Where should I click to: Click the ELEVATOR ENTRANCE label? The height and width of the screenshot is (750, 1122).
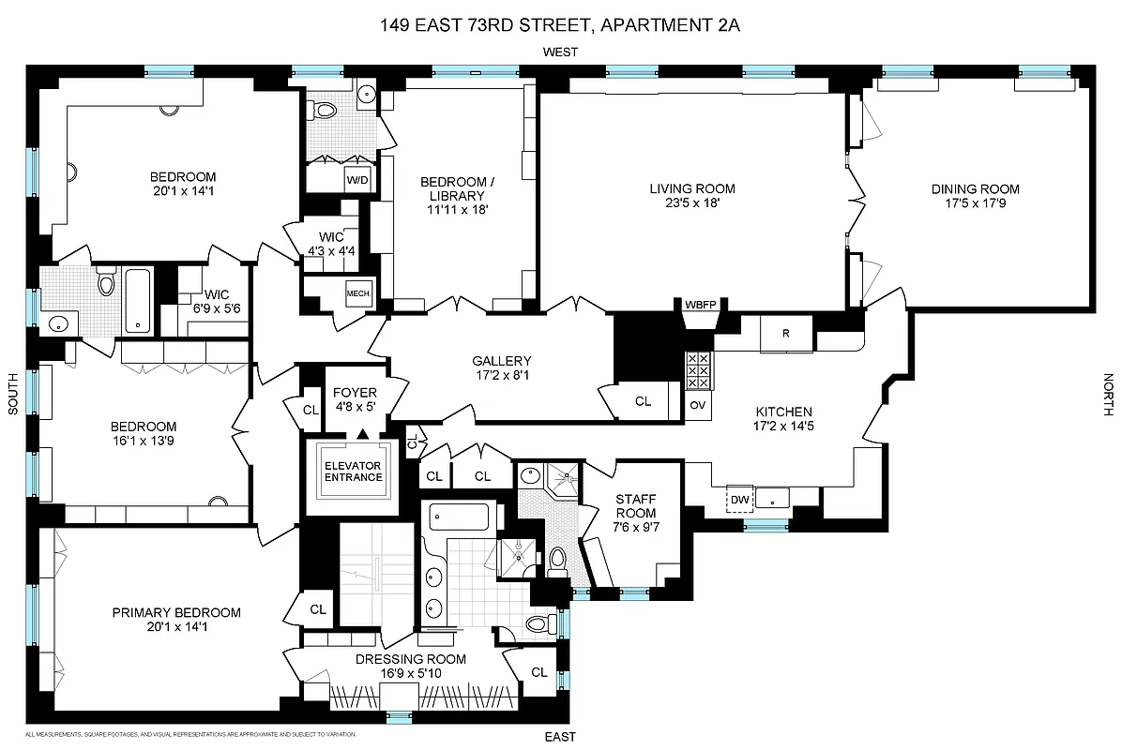tap(354, 472)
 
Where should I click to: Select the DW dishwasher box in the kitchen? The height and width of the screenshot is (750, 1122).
tap(741, 500)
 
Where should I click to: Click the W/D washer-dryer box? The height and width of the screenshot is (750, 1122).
tap(357, 179)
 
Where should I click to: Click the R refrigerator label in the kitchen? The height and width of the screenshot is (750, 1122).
tap(785, 334)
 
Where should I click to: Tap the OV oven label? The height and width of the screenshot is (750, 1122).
tap(697, 405)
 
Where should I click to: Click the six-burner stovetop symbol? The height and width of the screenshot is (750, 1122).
tap(699, 371)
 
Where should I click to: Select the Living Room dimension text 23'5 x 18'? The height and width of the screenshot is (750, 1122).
tap(692, 203)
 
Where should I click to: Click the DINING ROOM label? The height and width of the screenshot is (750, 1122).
tap(976, 188)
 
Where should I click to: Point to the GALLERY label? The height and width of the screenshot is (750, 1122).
tap(502, 361)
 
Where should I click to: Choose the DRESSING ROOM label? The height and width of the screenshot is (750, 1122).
tap(410, 659)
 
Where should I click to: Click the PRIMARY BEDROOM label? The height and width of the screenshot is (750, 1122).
tap(176, 612)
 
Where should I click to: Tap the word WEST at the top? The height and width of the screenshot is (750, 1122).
tap(560, 52)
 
